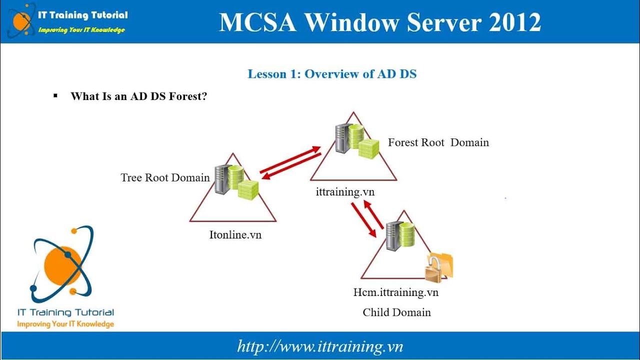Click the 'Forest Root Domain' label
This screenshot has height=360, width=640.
click(x=438, y=142)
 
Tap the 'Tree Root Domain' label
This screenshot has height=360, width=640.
click(x=165, y=177)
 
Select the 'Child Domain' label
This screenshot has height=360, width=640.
click(x=396, y=312)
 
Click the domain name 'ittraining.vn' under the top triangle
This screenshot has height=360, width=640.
click(x=345, y=191)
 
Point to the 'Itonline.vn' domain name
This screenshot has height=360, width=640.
click(x=235, y=234)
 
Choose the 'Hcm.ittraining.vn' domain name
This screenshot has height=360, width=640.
click(x=395, y=292)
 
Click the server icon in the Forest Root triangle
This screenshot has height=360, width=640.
click(x=343, y=138)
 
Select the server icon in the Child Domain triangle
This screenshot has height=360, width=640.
click(x=393, y=237)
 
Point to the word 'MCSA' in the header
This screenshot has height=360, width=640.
click(x=256, y=22)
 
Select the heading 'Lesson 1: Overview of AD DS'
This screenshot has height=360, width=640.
click(x=332, y=74)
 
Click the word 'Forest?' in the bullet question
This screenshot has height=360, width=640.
click(x=188, y=96)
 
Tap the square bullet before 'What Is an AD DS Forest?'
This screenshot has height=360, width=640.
click(x=55, y=94)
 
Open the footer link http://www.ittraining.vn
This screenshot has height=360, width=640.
click(x=320, y=346)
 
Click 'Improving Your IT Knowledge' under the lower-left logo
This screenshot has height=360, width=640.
click(x=65, y=324)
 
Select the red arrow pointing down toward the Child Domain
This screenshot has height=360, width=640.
click(x=363, y=219)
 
